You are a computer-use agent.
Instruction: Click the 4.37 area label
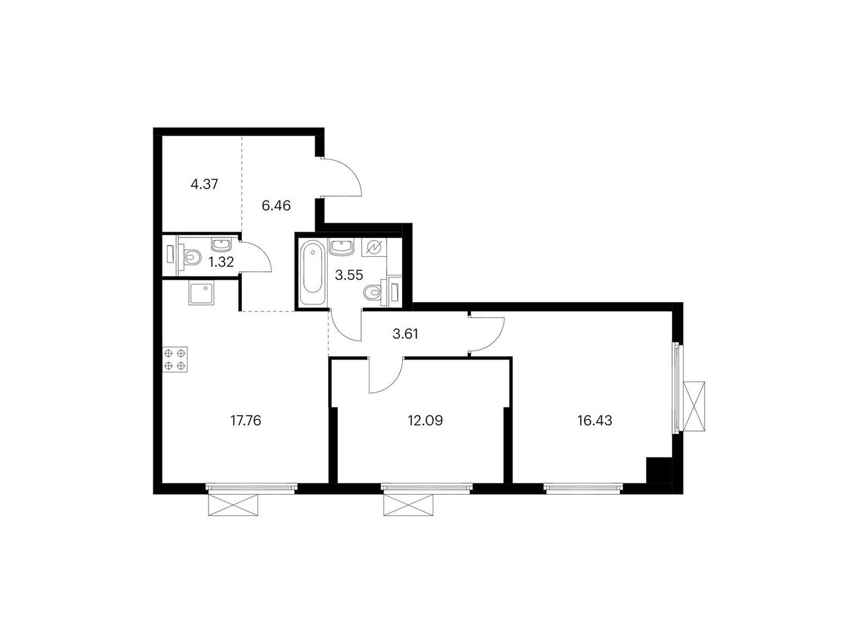(x=204, y=184)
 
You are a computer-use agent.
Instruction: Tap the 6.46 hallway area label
(x=276, y=205)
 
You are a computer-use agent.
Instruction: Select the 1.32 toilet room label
(x=221, y=262)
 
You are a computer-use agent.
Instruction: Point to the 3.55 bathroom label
(x=349, y=275)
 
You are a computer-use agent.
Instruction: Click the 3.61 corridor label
(x=405, y=334)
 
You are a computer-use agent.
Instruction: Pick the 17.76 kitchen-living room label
(x=245, y=421)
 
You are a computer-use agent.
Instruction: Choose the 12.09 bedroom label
(x=425, y=421)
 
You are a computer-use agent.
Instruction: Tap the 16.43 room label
(x=595, y=421)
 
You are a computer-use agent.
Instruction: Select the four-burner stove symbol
(x=175, y=359)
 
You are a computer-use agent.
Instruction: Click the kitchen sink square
(x=201, y=294)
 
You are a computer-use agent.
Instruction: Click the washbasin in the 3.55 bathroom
(x=341, y=248)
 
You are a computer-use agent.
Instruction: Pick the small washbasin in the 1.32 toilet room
(x=222, y=244)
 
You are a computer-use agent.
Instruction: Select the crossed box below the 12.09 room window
(x=408, y=504)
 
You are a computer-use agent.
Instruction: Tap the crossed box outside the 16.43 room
(x=694, y=407)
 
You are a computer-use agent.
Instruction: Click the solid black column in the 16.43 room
(x=658, y=470)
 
